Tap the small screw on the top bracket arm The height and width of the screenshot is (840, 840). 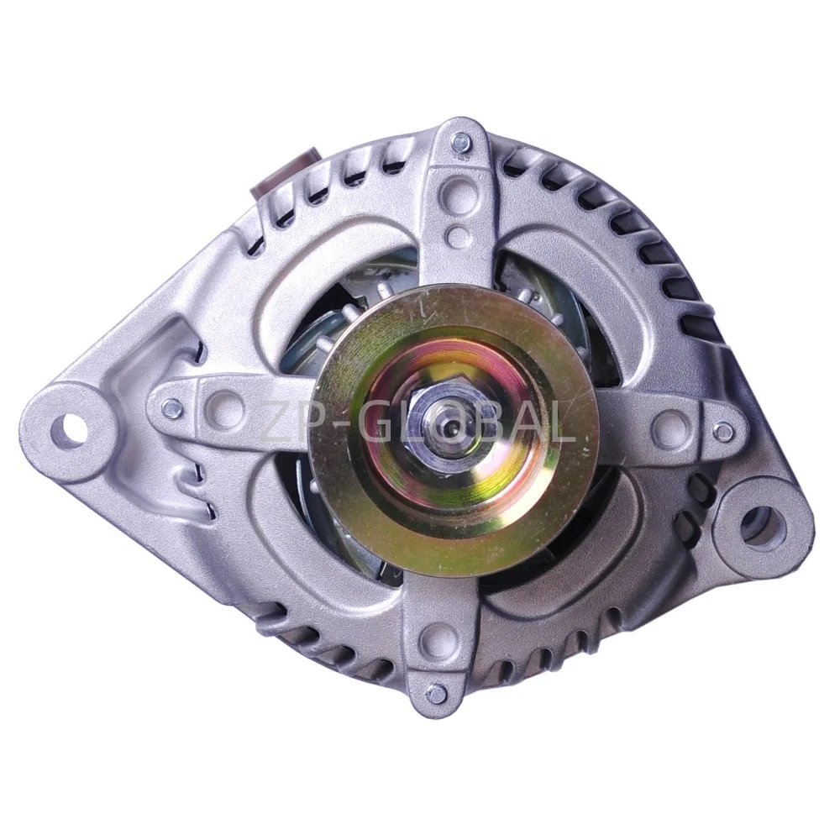[x=460, y=142]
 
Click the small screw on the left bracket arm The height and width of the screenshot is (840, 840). [x=172, y=406]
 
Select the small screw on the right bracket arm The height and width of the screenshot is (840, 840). [x=724, y=414]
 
